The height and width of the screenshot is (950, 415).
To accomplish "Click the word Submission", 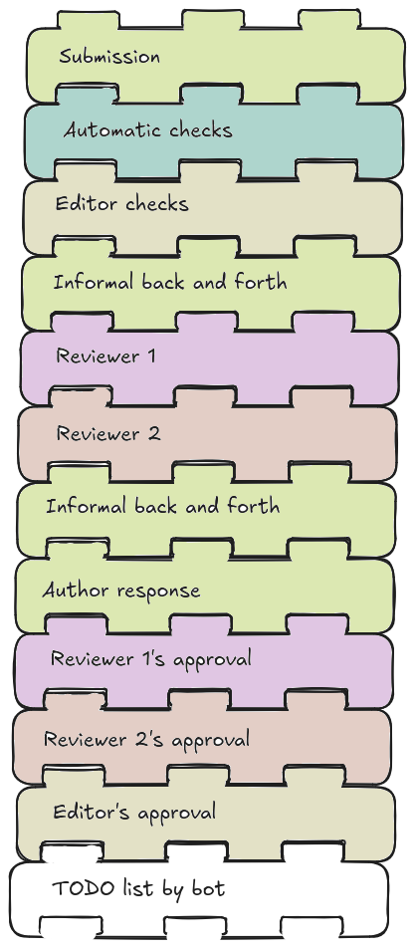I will coord(109,57).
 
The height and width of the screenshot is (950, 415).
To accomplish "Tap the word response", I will coord(154,592).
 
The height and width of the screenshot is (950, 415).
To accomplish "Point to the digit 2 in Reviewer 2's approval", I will coord(130,740).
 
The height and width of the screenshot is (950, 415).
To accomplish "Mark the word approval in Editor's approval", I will coord(175,814).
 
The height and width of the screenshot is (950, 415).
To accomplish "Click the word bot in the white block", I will coord(208,888).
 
